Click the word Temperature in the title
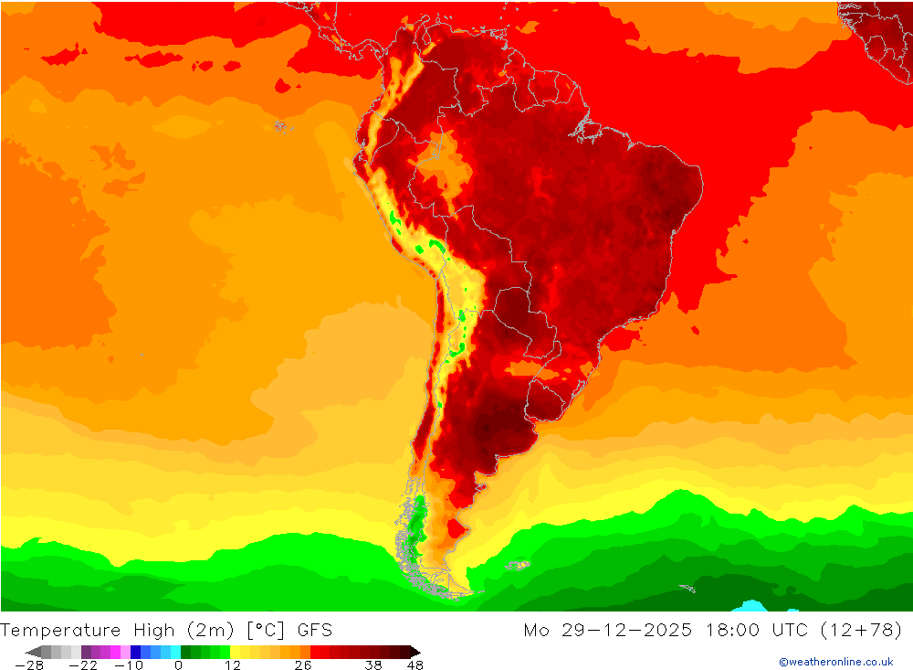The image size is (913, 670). [x=60, y=630]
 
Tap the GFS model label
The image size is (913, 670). [x=314, y=630]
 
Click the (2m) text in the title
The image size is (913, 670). [x=207, y=630]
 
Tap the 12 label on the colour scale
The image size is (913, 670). [x=232, y=665]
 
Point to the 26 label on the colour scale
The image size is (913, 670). [x=302, y=665]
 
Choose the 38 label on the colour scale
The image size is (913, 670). [x=373, y=665]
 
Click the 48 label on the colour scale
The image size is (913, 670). [x=415, y=665]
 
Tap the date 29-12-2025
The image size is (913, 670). [x=621, y=630]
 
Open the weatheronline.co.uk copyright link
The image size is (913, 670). [x=835, y=662]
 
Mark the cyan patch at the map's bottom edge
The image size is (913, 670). [x=752, y=606]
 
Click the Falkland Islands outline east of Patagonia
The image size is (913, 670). [x=519, y=566]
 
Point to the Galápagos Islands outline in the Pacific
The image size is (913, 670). [x=280, y=125]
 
